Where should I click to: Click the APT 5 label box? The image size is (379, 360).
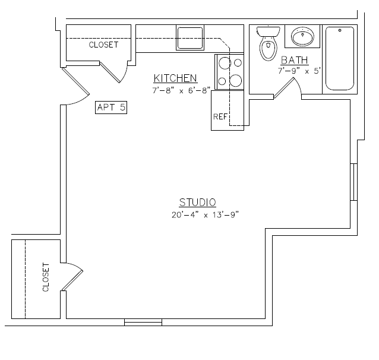pos(111,108)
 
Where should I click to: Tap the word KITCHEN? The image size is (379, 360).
pos(175,78)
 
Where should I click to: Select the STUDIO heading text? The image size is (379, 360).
pos(197,203)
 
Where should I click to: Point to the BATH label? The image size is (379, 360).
pos(295,60)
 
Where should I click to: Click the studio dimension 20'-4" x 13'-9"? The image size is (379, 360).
pos(205,214)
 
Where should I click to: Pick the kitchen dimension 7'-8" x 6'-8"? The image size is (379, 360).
pos(181,90)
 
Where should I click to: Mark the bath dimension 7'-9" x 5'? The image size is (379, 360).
pos(299,71)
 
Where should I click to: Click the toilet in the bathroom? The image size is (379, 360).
pos(268,43)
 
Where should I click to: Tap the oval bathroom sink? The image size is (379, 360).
pos(302,36)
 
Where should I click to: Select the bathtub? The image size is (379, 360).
pos(340,59)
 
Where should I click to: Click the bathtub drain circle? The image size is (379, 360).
pos(340,30)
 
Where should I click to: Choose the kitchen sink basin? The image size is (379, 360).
pos(190,38)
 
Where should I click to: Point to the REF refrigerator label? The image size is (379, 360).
pos(220,117)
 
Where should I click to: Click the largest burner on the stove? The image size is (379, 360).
pos(235,81)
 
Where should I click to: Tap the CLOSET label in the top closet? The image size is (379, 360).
pos(103,45)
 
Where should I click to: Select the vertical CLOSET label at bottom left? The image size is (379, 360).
pos(46,277)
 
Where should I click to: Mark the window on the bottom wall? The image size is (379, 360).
pos(143,323)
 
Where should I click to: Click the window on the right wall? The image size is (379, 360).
pos(354,182)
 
